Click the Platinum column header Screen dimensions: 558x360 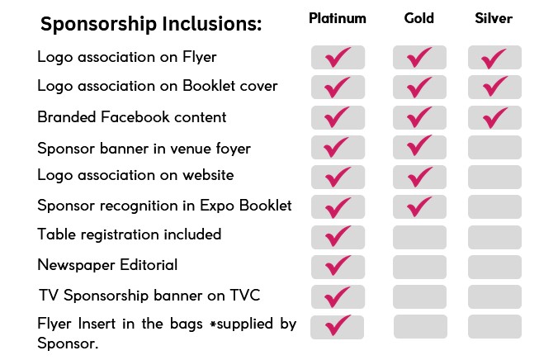pos(338,18)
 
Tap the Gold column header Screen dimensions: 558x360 pos(418,18)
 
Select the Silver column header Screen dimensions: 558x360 pos(494,18)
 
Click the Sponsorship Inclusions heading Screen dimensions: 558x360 pos(151,24)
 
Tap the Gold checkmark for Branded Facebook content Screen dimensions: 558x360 pos(418,117)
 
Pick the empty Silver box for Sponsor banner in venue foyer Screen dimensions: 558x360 pos(494,147)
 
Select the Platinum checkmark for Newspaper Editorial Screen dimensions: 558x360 pos(337,266)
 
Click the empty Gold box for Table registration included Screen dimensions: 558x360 pos(419,237)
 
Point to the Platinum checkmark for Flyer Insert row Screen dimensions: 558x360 pos(337,325)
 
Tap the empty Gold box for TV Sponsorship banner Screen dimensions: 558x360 pos(419,296)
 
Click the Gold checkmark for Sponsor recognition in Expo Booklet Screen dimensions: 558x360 pos(418,207)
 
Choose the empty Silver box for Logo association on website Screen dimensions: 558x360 pos(494,177)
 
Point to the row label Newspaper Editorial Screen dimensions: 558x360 pos(107,265)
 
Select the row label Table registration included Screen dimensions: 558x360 pos(130,234)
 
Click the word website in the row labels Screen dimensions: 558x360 pos(208,175)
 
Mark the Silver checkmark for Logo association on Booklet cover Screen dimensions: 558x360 pos(494,87)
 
